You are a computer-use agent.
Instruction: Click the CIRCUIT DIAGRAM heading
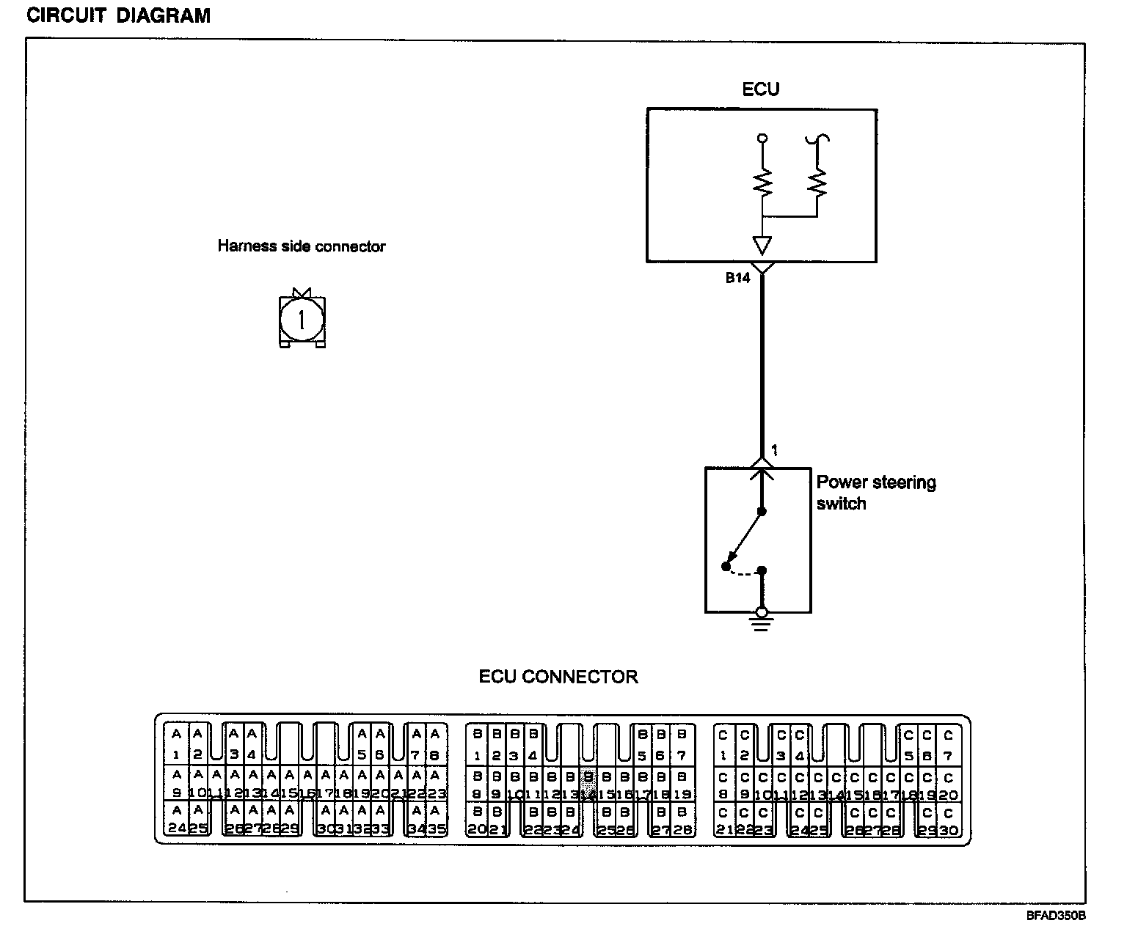[118, 15]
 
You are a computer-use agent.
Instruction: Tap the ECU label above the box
[761, 89]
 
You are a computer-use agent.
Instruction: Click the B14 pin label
[737, 279]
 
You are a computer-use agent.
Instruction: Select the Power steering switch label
[875, 493]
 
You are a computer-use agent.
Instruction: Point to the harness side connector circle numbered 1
[302, 320]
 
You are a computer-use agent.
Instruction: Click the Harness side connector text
[301, 246]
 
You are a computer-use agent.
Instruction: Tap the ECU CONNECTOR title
[558, 677]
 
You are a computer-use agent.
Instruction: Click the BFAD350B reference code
[1056, 916]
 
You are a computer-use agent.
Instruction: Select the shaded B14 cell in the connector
[588, 784]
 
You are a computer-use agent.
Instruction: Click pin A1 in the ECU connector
[176, 744]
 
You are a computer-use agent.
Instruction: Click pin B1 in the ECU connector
[477, 744]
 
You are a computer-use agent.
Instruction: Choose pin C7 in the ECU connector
[948, 744]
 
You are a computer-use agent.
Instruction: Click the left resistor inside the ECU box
[762, 183]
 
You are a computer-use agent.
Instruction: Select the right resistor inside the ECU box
[817, 183]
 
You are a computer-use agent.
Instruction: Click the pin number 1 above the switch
[774, 451]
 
